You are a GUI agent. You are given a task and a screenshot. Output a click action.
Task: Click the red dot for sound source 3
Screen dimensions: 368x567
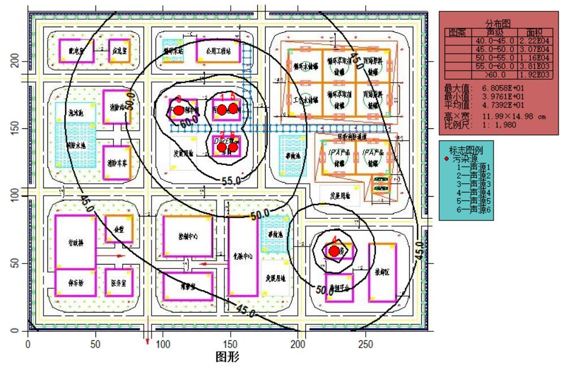[179, 110]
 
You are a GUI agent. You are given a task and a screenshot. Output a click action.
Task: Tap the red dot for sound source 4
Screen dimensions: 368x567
[334, 250]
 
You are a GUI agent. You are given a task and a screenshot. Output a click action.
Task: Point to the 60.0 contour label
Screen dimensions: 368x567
[189, 120]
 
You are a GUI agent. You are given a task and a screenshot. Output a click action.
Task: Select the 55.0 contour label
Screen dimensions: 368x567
[231, 181]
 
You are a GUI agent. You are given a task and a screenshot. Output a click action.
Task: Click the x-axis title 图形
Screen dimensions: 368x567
[228, 357]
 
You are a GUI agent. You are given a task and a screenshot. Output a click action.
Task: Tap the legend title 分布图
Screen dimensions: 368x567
[497, 24]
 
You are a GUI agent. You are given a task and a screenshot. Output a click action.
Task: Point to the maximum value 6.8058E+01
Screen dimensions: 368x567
[504, 88]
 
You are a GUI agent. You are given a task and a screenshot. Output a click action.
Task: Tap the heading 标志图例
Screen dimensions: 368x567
[466, 150]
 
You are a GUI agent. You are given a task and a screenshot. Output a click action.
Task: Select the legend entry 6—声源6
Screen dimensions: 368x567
[473, 209]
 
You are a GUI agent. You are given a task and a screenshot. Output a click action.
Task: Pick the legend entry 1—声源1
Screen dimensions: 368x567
[473, 168]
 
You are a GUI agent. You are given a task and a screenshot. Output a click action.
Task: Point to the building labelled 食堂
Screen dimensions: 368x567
[119, 230]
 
